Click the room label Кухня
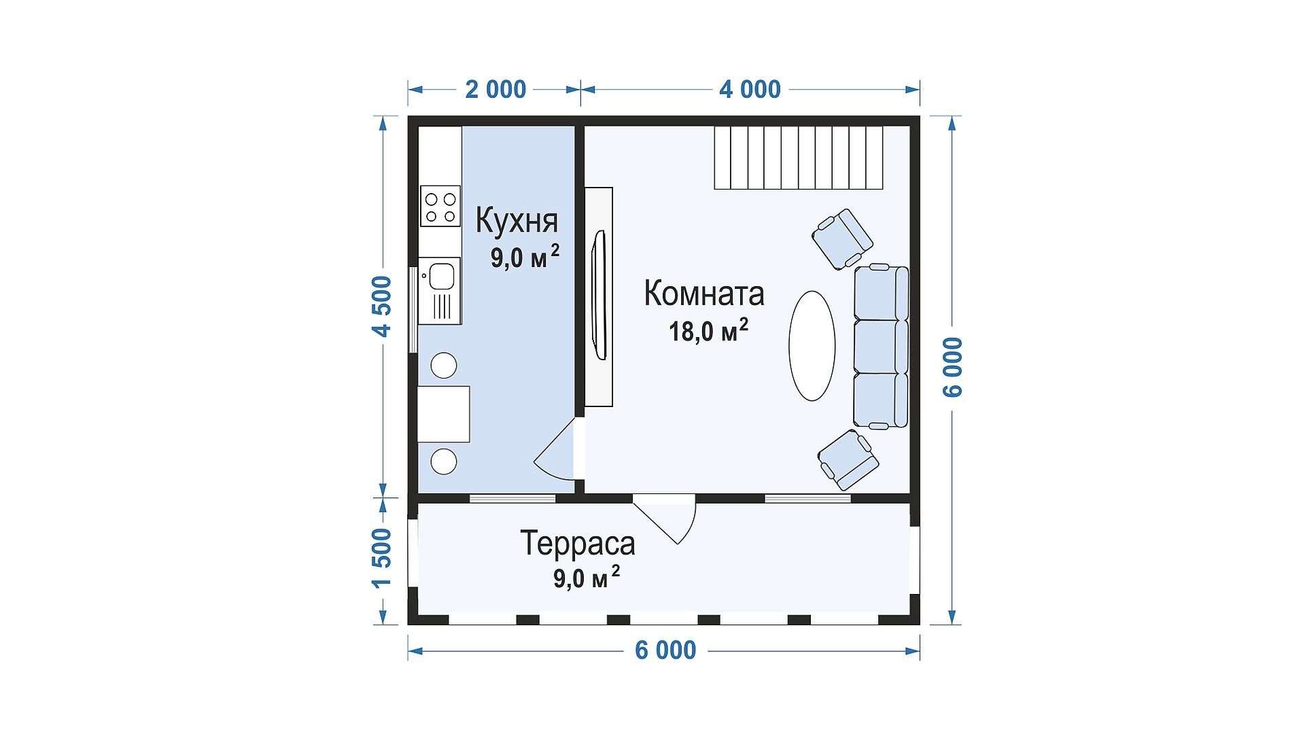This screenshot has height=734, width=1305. coord(517,220)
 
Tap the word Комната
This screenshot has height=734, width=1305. coord(704,294)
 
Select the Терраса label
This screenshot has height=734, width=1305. coord(578,543)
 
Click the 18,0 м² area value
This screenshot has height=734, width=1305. coord(708,330)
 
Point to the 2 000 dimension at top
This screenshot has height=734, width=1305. coord(495,89)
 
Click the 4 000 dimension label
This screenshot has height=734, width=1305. coord(750,89)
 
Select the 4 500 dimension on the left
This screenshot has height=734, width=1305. coord(383,306)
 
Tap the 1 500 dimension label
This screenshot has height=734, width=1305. coord(383,558)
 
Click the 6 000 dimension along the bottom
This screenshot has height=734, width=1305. coord(665,650)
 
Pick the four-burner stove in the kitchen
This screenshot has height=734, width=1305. coord(440,206)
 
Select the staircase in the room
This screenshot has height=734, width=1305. coord(798,157)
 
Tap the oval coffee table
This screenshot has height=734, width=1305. coord(812,345)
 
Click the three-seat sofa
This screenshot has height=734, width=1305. coord(881,347)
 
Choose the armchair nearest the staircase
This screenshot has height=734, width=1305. coord(842,239)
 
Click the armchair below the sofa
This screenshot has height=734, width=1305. coord(848,459)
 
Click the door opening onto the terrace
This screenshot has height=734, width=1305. coord(665,519)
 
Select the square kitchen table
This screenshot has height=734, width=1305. coord(443,414)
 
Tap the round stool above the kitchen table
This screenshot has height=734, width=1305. coord(444,366)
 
